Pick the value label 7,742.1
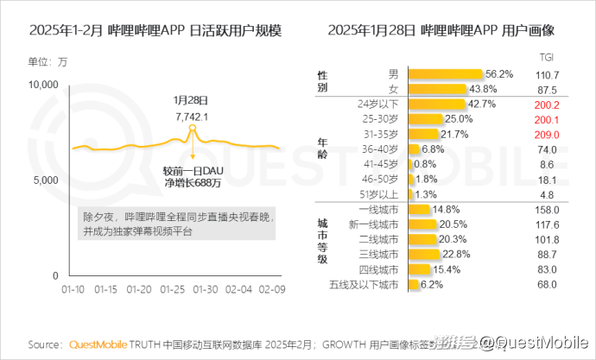pos(191,116)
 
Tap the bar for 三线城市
pos(424,254)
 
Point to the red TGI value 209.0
pos(548,135)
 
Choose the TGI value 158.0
pos(548,209)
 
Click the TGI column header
pos(547,59)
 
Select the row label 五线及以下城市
pos(365,284)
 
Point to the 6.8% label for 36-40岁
pos(434,149)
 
